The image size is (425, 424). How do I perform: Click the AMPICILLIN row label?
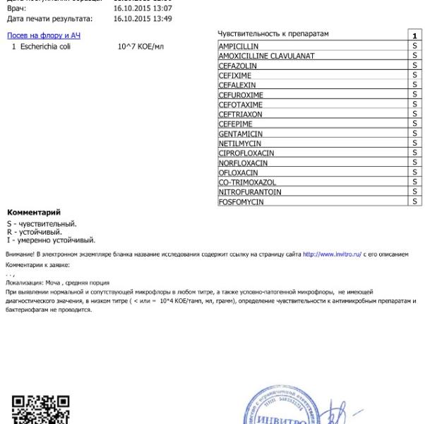239,46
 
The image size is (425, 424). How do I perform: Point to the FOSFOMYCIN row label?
241,201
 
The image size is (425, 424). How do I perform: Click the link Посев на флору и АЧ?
43,35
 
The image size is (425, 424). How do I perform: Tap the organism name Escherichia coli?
46,46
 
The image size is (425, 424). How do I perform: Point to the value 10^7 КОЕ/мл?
140,46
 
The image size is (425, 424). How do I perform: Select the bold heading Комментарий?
34,213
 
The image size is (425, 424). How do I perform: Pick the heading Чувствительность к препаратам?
274,34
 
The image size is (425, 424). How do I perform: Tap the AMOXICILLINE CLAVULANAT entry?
267,56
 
